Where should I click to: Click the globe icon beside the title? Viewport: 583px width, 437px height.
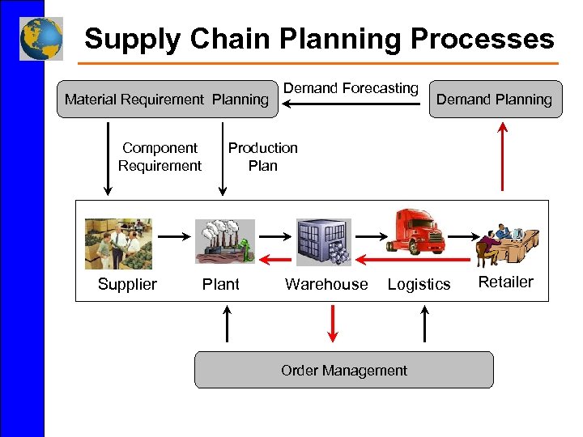(x=41, y=38)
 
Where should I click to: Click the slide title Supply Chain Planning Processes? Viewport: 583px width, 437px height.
(x=319, y=38)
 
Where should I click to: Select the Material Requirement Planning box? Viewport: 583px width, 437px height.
(x=167, y=100)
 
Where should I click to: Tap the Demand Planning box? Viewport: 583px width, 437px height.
(x=494, y=100)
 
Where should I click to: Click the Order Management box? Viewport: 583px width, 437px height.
(x=343, y=371)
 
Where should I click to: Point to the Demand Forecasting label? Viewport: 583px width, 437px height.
(x=351, y=88)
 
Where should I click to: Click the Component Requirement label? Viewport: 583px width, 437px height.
(x=160, y=157)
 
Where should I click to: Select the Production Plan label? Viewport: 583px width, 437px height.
(x=262, y=157)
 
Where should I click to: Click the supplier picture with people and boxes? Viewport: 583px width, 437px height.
(x=118, y=243)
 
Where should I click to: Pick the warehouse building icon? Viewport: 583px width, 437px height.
(x=323, y=242)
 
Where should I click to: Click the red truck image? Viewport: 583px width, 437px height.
(x=418, y=232)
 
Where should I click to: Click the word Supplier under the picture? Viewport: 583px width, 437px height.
(x=127, y=284)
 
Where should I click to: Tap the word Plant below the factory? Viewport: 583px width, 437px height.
(x=220, y=284)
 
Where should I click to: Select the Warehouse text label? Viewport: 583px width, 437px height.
(x=326, y=284)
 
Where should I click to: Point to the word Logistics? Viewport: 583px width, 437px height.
(x=419, y=284)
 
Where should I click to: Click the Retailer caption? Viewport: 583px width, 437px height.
(x=506, y=282)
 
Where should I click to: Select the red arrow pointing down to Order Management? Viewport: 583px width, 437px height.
(x=331, y=324)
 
